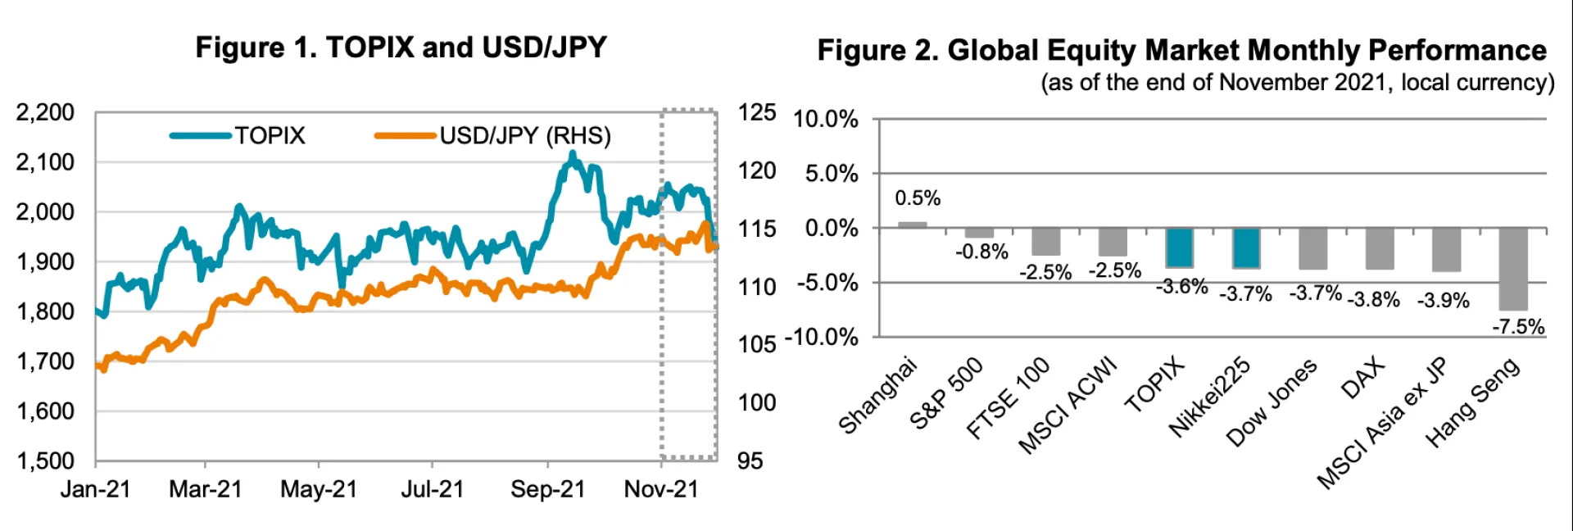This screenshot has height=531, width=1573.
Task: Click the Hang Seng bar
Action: tap(1512, 269)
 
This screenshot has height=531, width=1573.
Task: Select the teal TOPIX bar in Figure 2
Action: tap(1179, 247)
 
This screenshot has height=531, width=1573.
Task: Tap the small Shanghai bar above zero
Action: tap(912, 225)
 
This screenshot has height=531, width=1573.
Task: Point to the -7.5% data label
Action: tap(1517, 327)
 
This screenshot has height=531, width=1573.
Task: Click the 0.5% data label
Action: tap(917, 198)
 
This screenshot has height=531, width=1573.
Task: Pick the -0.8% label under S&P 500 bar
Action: tap(981, 252)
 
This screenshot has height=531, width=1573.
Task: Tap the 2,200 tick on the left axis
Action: tap(45, 112)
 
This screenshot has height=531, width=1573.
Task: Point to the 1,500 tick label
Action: tap(45, 461)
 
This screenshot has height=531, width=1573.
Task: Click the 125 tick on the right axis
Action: tap(755, 112)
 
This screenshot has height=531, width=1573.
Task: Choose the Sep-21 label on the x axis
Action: tap(547, 489)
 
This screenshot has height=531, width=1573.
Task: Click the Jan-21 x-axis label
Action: tap(95, 489)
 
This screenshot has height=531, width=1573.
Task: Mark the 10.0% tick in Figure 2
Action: tap(825, 120)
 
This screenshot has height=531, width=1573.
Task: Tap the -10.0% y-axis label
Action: tap(821, 337)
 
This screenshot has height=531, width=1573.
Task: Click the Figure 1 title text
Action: tap(401, 48)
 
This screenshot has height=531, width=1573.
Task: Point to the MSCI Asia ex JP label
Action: tap(1383, 424)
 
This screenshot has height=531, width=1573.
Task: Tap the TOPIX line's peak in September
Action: tap(572, 154)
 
